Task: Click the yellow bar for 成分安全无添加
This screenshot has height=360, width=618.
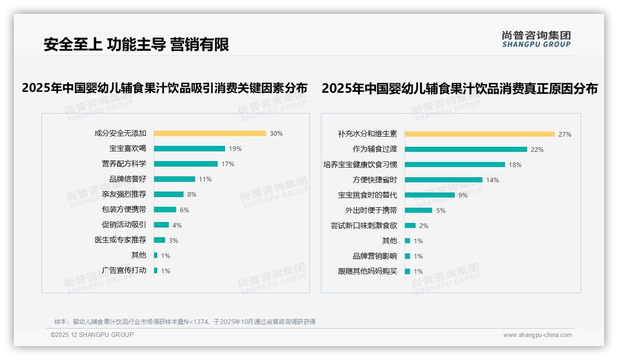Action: coord(210,133)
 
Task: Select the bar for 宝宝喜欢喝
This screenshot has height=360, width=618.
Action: coord(189,149)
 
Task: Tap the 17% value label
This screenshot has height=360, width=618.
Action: coord(228,164)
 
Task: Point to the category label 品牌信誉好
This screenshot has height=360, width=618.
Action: coord(127,179)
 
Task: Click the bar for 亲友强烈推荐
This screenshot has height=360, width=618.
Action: coord(168,194)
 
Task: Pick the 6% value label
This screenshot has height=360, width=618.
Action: coord(184,210)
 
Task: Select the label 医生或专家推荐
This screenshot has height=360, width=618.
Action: coord(120,240)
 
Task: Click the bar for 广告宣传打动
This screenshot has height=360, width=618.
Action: coord(156,270)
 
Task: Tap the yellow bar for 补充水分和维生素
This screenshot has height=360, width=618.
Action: coord(480,134)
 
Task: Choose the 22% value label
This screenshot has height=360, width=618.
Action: coord(537,150)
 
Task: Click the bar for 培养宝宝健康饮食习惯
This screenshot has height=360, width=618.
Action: coord(455,165)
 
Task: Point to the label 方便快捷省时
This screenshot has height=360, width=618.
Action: coord(374,180)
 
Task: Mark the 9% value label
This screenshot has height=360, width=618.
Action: coord(463,195)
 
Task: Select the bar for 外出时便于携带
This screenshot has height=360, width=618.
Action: coord(418,210)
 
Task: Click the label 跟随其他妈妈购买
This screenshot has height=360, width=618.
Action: coord(367,271)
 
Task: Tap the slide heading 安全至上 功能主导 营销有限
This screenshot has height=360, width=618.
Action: coord(137,44)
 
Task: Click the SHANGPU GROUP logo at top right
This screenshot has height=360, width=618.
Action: coord(536,39)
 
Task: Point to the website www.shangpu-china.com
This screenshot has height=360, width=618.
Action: coord(537,335)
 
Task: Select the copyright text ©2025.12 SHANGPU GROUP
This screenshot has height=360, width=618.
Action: coord(92,335)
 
